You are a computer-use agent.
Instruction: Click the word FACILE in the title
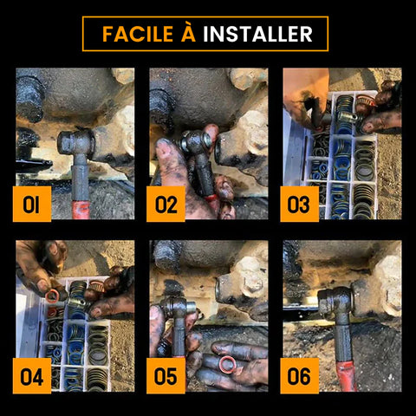pyautogui.click(x=138, y=34)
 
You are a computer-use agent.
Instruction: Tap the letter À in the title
pyautogui.click(x=188, y=32)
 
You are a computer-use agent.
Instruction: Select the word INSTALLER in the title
pyautogui.click(x=257, y=34)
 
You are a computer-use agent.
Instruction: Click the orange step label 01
pyautogui.click(x=32, y=204)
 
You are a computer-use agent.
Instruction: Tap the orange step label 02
pyautogui.click(x=166, y=204)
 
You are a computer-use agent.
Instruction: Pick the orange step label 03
pyautogui.click(x=300, y=204)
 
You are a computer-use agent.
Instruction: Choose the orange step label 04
pyautogui.click(x=32, y=376)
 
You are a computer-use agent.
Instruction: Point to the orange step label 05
pyautogui.click(x=166, y=376)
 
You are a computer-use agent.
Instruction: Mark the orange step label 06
pyautogui.click(x=300, y=376)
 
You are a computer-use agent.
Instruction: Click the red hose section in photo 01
pyautogui.click(x=81, y=210)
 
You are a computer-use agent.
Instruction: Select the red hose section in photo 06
pyautogui.click(x=347, y=376)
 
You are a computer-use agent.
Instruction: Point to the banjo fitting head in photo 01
pyautogui.click(x=76, y=142)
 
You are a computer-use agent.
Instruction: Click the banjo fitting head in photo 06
pyautogui.click(x=336, y=302)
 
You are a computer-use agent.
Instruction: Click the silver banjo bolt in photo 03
pyautogui.click(x=348, y=117)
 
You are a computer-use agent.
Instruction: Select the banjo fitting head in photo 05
pyautogui.click(x=179, y=307)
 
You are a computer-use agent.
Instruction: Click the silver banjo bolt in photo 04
pyautogui.click(x=79, y=302)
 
